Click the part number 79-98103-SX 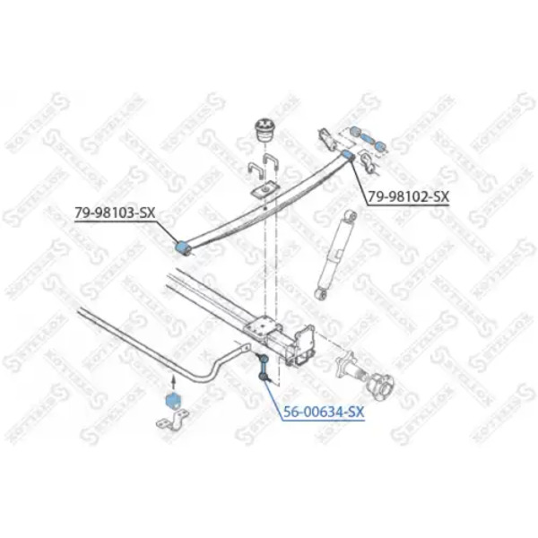[115, 213]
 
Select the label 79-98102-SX [408, 196]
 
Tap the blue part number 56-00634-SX [324, 412]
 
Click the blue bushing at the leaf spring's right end [348, 154]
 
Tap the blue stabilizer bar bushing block [172, 402]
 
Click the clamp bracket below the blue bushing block [172, 421]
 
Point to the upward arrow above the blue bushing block [173, 382]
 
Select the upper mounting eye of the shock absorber [351, 216]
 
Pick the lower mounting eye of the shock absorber [322, 294]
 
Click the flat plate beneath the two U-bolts [264, 189]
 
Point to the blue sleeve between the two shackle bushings [367, 139]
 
